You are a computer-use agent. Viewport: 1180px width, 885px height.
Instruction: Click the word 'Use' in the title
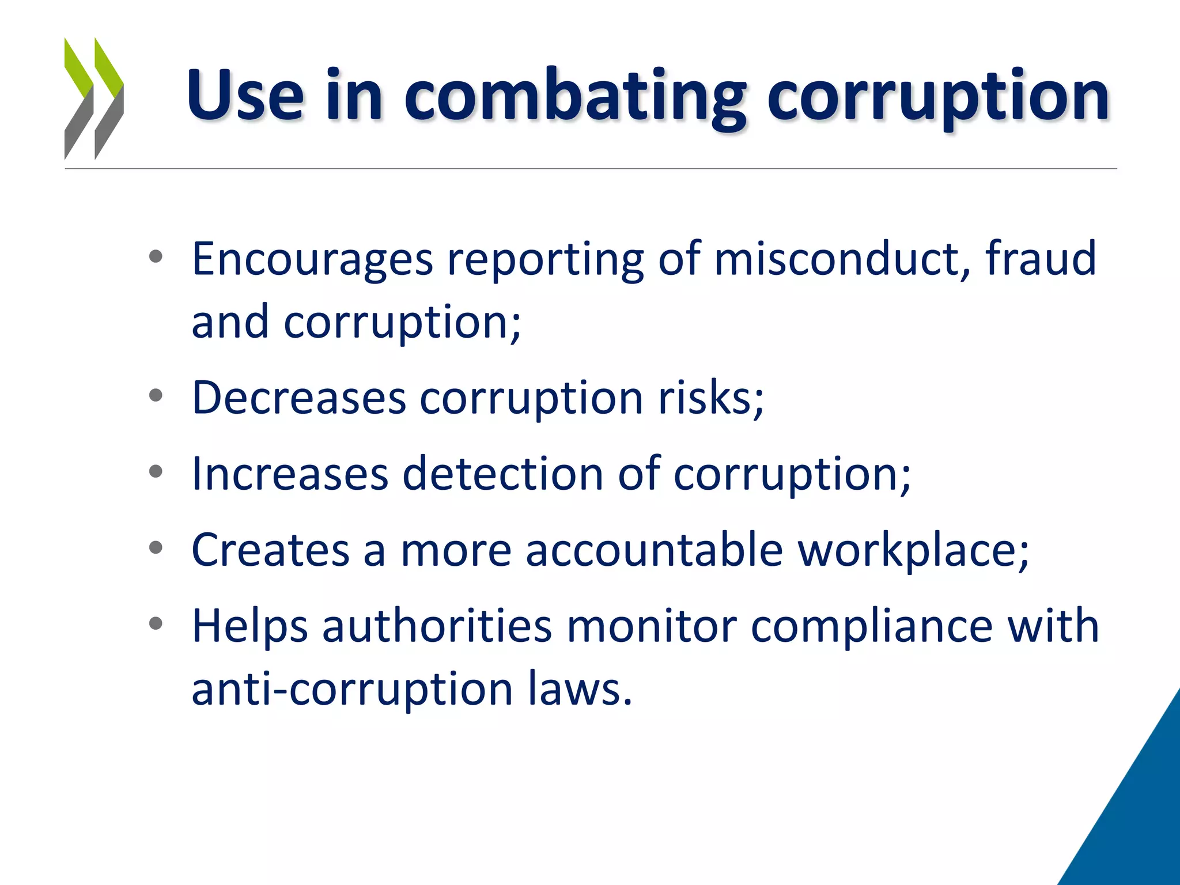245,95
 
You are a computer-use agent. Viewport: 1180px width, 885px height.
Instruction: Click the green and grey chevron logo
94,98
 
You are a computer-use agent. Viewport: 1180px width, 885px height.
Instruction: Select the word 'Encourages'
312,259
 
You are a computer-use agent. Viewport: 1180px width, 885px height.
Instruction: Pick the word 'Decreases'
299,398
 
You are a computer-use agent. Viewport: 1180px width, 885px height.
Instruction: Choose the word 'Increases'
290,474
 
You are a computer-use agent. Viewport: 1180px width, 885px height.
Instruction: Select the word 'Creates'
270,550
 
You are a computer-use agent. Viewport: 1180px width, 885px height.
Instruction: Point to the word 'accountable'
654,550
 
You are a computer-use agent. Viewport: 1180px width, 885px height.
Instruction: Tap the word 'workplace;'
913,551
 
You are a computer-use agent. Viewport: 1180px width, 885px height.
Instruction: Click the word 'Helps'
249,627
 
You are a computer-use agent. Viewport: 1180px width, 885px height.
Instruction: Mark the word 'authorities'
437,626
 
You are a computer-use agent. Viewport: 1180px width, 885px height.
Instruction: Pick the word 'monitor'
652,626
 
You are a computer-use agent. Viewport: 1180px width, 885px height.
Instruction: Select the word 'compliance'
872,627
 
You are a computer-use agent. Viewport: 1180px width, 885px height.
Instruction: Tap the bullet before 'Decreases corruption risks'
156,396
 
